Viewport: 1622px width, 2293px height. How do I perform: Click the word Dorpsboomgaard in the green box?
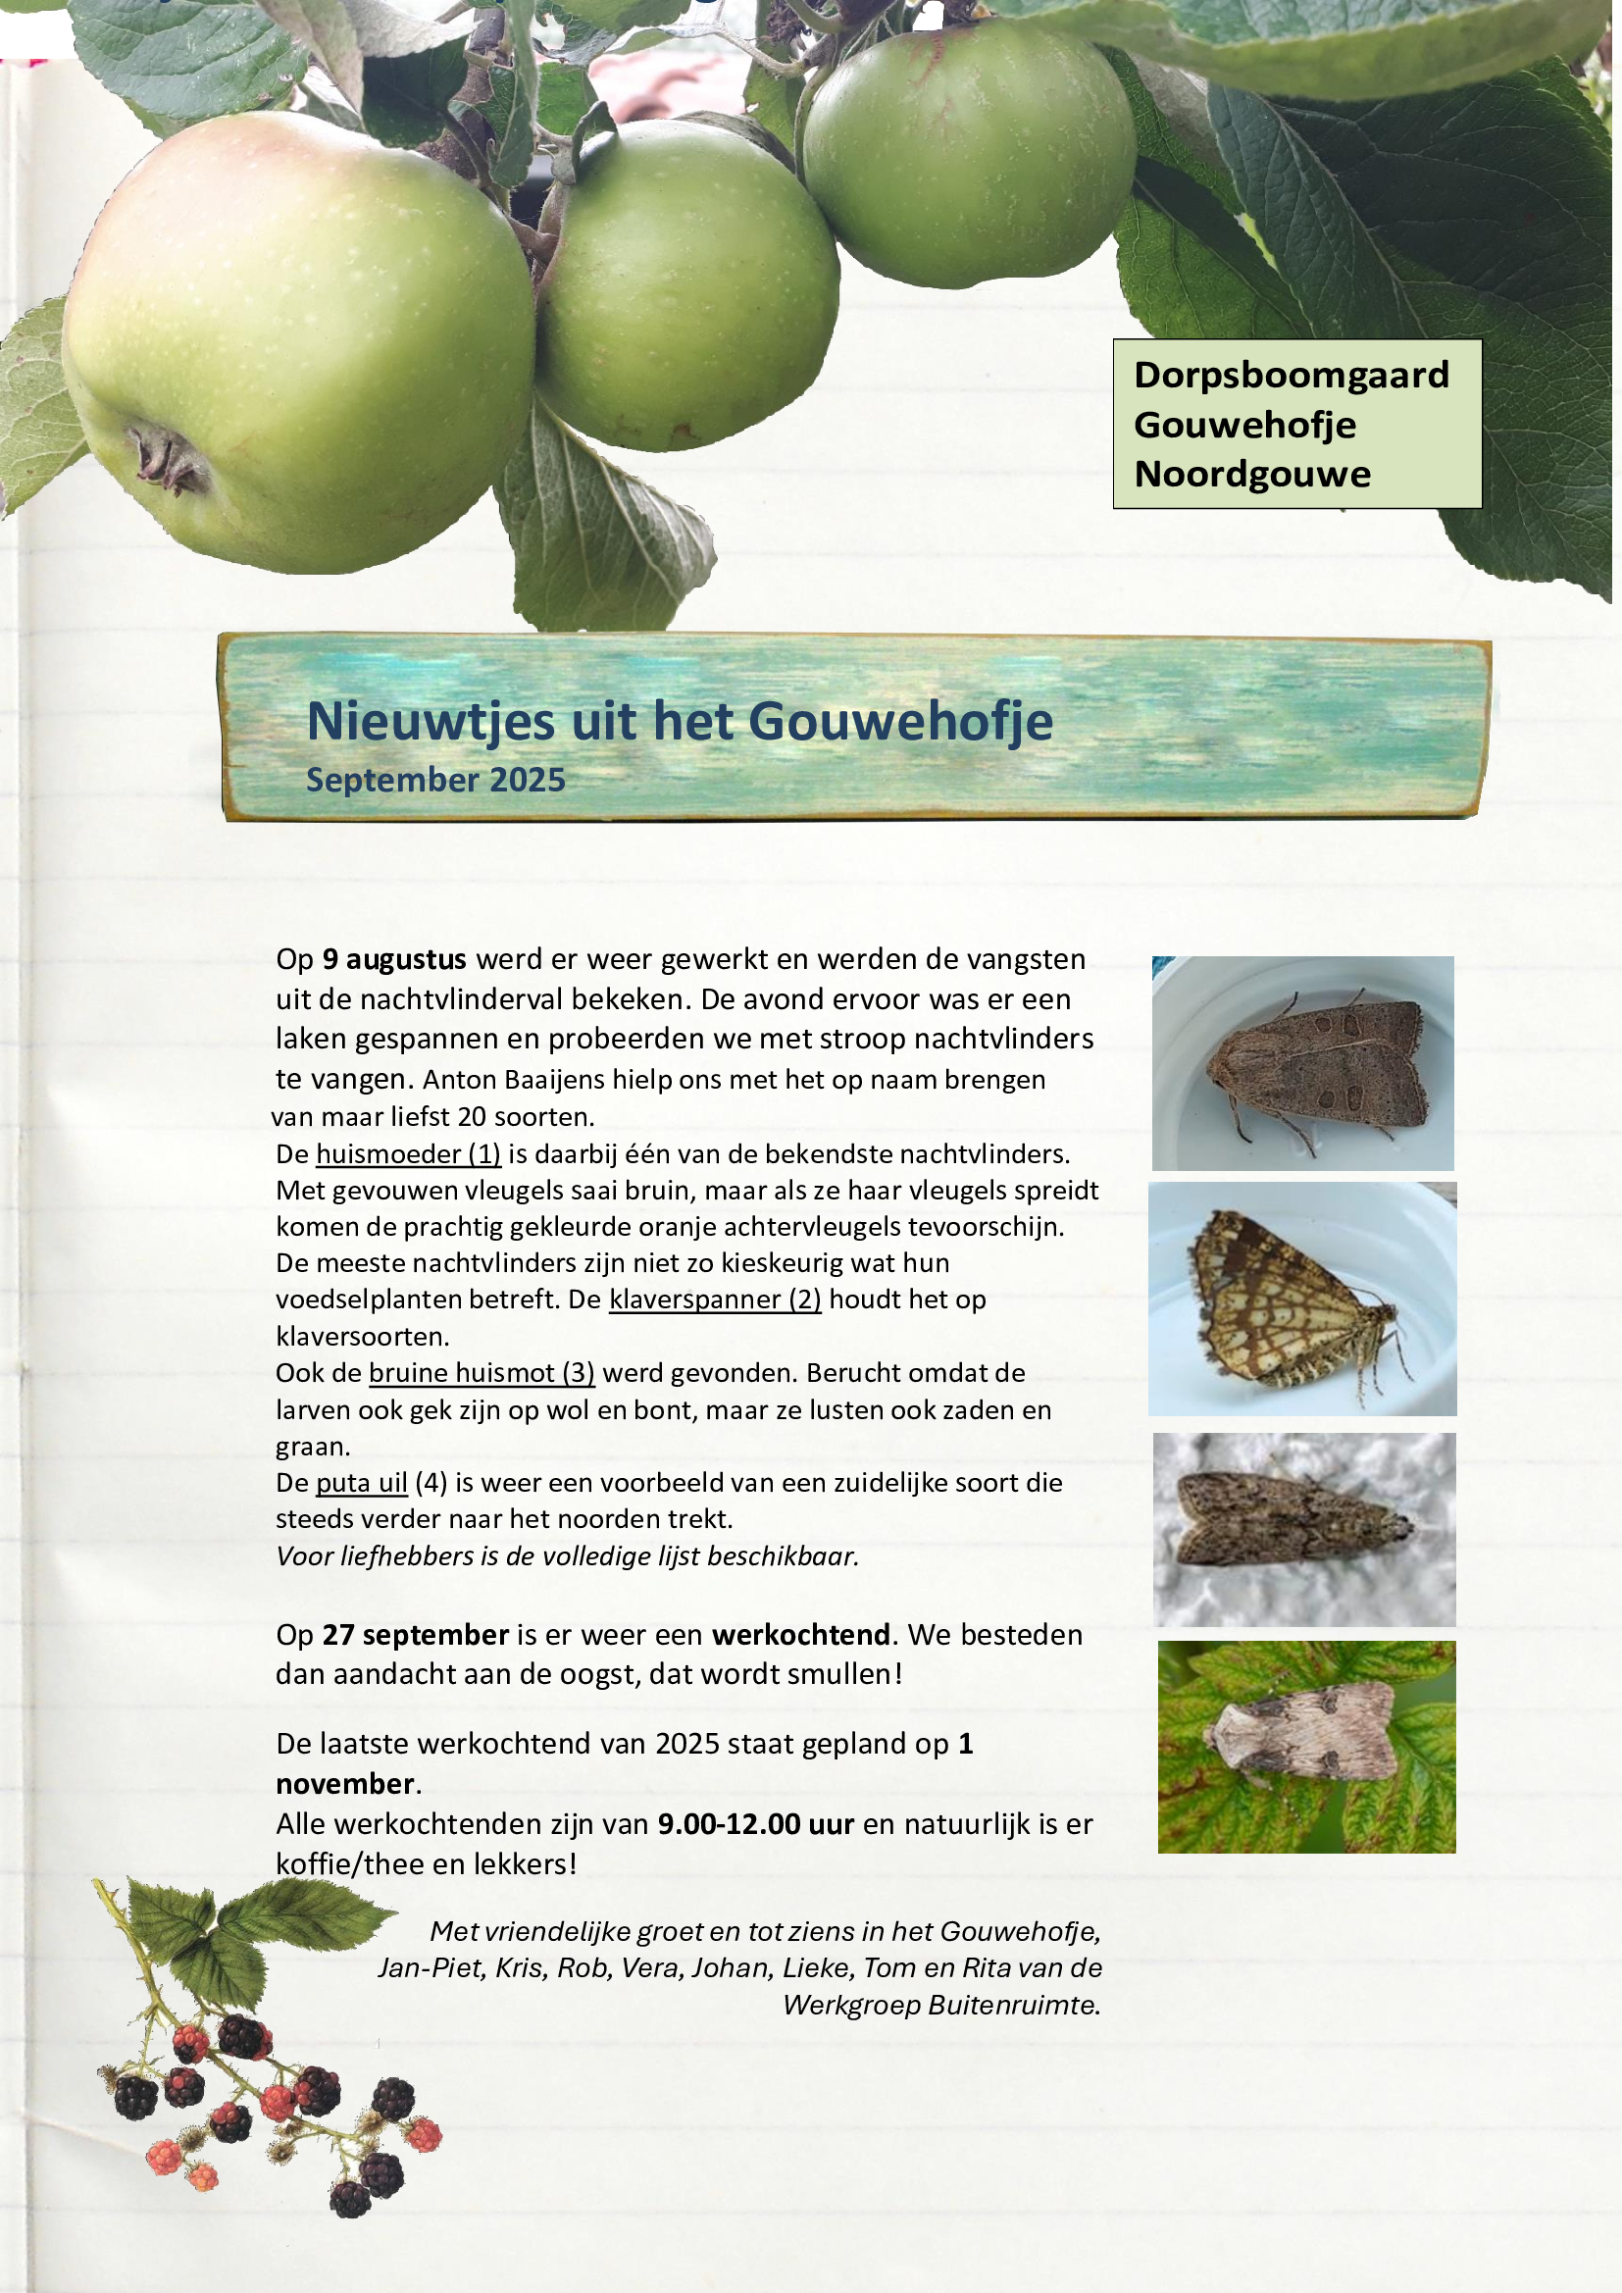coord(1291,376)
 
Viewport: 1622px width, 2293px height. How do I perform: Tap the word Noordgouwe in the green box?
coord(1251,475)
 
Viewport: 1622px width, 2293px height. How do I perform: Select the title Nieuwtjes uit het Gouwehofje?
coord(680,721)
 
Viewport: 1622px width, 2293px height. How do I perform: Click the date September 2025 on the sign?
coord(435,780)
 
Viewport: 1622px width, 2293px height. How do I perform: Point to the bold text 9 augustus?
coord(393,960)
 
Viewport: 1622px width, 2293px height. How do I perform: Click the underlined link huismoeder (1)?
coord(408,1154)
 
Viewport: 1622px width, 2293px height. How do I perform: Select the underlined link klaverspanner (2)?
coord(715,1299)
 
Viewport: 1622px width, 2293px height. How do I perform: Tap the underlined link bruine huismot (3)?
coord(482,1373)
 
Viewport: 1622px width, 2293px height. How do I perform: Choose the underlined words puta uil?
coord(362,1483)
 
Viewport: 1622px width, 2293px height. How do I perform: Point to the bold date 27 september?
coord(416,1635)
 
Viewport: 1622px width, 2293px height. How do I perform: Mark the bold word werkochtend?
coord(800,1635)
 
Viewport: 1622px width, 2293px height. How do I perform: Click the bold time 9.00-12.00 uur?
coord(755,1823)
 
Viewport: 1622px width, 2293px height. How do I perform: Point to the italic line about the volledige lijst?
coord(566,1555)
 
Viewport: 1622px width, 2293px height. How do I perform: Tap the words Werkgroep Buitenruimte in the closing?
coord(939,2005)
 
